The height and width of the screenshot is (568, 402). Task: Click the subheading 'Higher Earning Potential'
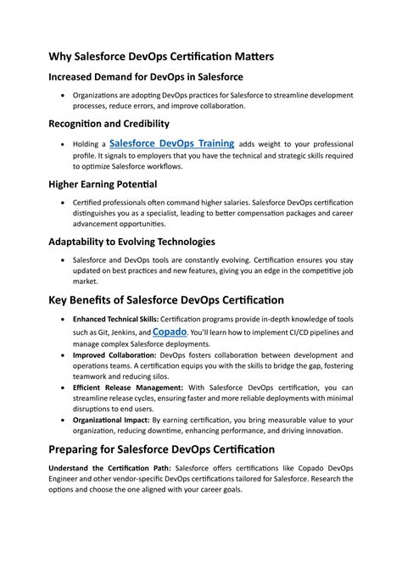(103, 184)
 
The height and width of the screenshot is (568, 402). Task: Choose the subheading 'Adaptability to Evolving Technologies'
(131, 242)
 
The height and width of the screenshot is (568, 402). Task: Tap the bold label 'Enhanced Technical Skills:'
(110, 319)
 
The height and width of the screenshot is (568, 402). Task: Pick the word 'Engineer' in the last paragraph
(66, 479)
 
